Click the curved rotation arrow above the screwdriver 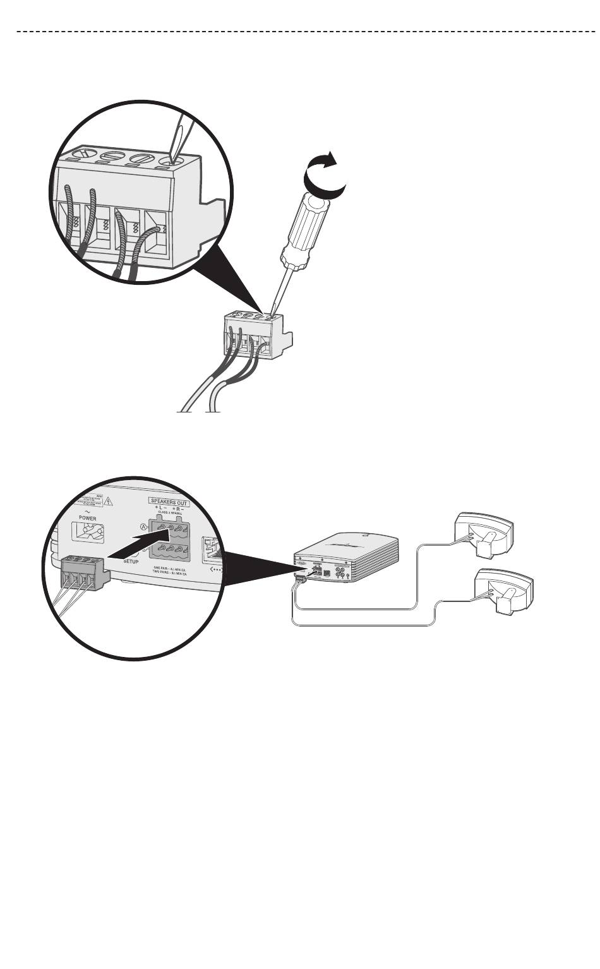(x=325, y=175)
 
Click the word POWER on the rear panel (x=88, y=517)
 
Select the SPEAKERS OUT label (x=169, y=503)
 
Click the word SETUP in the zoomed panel (x=131, y=560)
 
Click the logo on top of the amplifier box (x=347, y=543)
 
